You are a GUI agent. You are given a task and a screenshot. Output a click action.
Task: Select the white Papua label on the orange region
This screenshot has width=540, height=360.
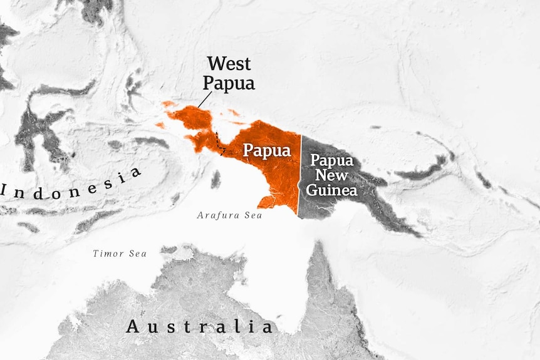click(x=267, y=151)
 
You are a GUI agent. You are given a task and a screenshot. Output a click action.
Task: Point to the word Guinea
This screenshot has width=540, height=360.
click(x=332, y=189)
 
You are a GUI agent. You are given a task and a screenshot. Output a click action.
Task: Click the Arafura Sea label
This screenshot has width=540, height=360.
click(x=229, y=215)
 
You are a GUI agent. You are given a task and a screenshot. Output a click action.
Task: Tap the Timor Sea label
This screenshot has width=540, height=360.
click(x=120, y=254)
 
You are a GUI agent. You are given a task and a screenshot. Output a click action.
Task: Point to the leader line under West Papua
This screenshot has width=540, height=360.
click(x=205, y=99)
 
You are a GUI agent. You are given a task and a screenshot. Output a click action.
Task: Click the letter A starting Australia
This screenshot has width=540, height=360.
click(x=133, y=326)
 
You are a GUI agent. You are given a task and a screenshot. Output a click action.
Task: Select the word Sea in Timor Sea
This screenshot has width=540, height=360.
click(x=137, y=254)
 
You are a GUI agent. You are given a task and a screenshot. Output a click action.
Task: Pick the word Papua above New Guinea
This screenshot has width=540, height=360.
click(x=332, y=160)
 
